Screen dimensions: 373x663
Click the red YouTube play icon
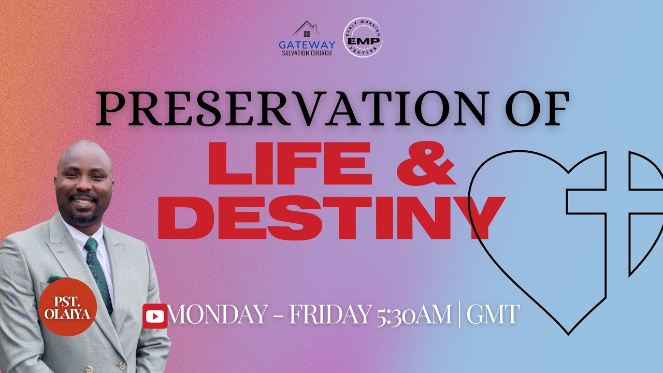[x=155, y=316]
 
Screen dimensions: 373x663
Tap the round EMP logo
[x=363, y=40]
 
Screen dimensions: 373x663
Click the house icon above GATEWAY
[x=307, y=30]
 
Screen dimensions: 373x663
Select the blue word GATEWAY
[x=307, y=45]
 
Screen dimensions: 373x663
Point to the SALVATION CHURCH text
[x=307, y=53]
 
